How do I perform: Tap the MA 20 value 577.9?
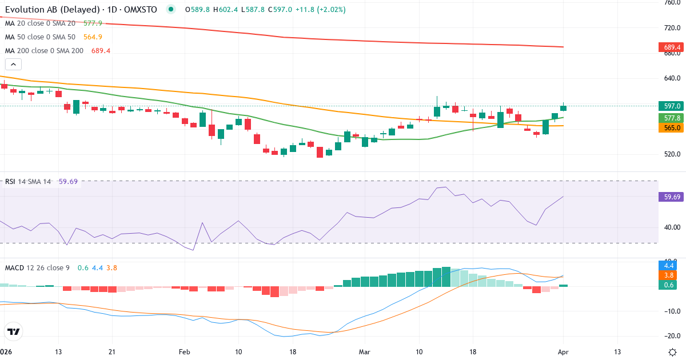tap(93, 23)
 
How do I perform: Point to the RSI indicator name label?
tap(10, 181)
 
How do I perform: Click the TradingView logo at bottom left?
tap(14, 331)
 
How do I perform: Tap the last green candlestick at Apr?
tap(563, 107)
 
